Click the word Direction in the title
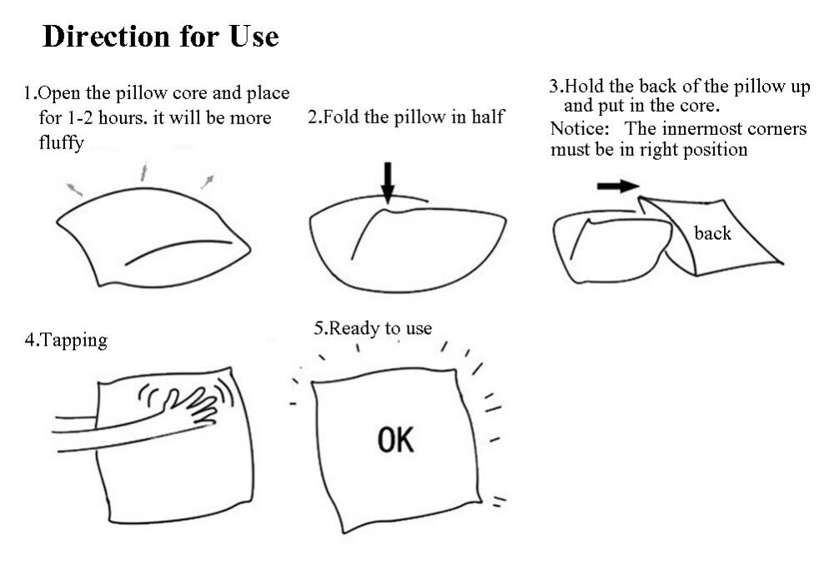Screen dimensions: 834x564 coord(107,36)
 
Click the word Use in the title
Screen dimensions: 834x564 coord(254,36)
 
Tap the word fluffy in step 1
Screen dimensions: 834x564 coord(61,143)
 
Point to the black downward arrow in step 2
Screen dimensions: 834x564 coord(389,182)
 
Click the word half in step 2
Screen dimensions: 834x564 coord(487,117)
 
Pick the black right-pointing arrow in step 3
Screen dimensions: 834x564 coord(618,186)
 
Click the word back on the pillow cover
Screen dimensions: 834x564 coord(713,233)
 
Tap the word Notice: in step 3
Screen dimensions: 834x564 coord(580,128)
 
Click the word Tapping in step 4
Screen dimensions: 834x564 coord(74,340)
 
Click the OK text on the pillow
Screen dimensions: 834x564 coord(395,440)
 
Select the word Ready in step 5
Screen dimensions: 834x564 coord(354,329)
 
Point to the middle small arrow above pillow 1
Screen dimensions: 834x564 coord(143,172)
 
